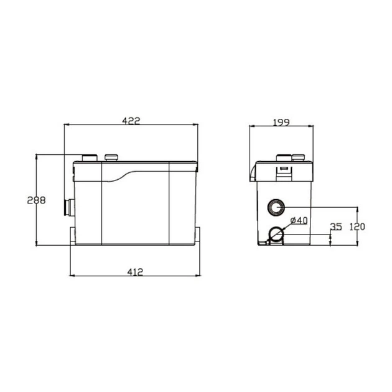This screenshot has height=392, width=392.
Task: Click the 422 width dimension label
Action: coord(131,121)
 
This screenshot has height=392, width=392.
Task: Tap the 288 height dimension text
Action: coord(37,200)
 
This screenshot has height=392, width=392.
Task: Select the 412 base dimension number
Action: coord(135,272)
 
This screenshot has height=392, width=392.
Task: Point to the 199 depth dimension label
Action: coord(281,123)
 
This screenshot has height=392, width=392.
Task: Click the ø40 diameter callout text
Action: coord(299,220)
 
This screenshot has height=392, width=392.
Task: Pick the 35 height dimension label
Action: coord(336,226)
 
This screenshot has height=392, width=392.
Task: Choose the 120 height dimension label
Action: coord(357,226)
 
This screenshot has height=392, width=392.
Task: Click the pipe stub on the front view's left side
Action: coord(70,207)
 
